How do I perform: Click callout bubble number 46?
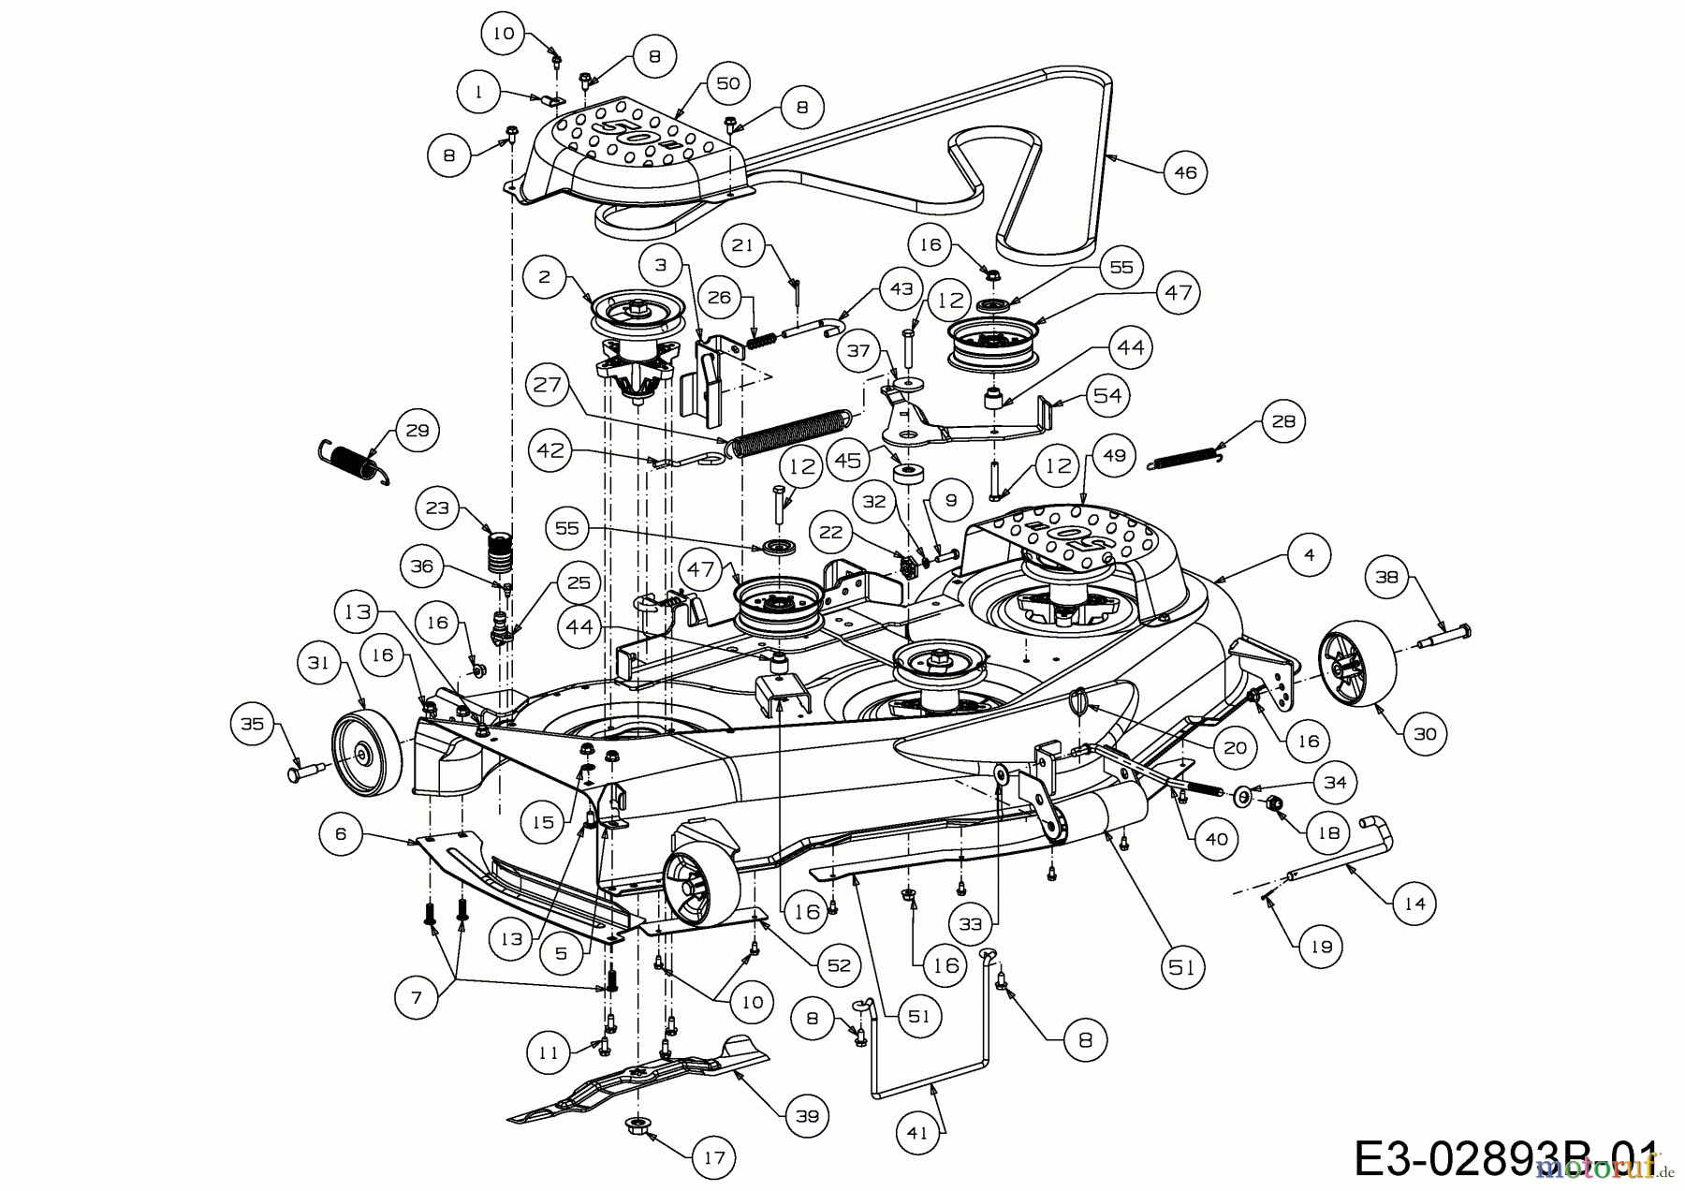click(x=1185, y=172)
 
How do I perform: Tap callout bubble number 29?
click(x=417, y=430)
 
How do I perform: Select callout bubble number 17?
click(x=713, y=1157)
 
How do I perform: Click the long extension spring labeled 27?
click(x=791, y=434)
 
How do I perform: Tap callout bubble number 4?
click(x=1309, y=554)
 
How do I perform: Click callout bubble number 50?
click(x=727, y=83)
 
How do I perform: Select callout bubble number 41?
click(x=917, y=1132)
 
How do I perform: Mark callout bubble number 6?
click(x=341, y=833)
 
